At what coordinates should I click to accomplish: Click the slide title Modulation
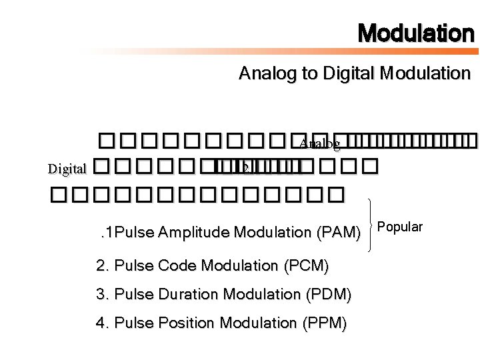(x=415, y=33)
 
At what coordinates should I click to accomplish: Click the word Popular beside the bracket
(x=401, y=227)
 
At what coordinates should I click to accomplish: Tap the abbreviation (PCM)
(x=307, y=265)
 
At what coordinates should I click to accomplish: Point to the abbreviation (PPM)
(x=325, y=323)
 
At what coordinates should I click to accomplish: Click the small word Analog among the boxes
(x=319, y=143)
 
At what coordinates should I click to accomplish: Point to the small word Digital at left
(x=67, y=169)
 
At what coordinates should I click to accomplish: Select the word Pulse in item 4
(x=132, y=323)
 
